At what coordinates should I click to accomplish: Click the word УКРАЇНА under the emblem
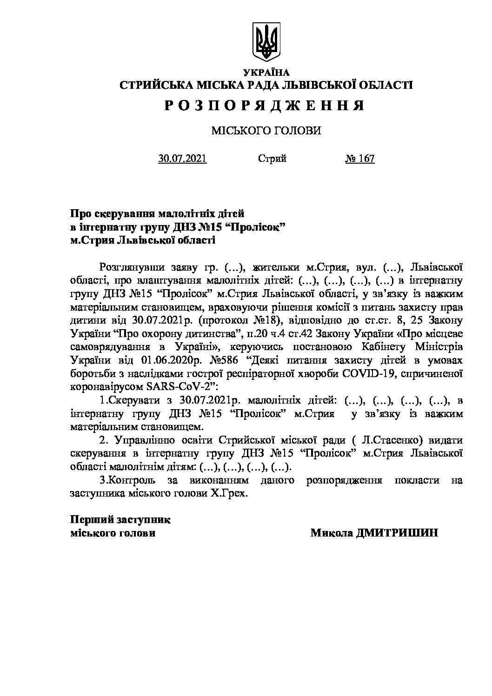tap(266, 73)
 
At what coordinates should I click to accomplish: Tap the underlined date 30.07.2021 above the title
tap(183, 159)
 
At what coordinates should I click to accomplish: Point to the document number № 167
tap(359, 159)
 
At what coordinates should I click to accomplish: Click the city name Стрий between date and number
tap(272, 159)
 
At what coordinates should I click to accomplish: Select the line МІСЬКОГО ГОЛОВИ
tap(266, 131)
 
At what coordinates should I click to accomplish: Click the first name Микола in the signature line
tap(331, 533)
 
